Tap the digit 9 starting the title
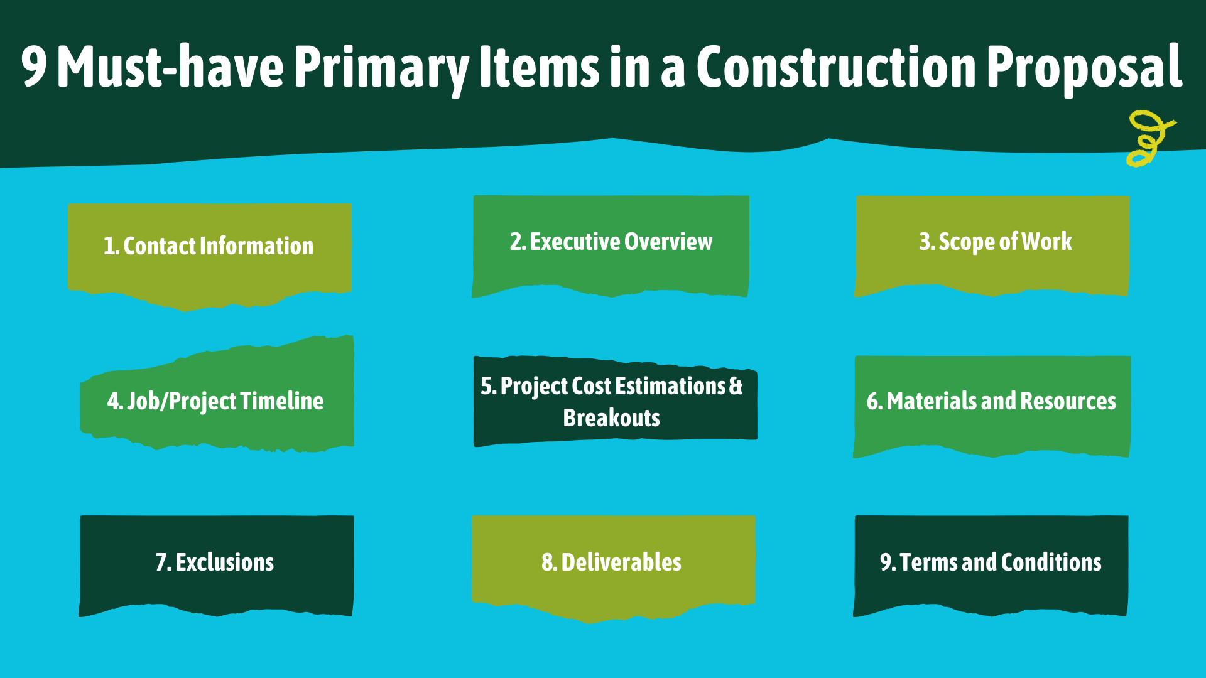click(x=34, y=67)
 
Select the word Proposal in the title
click(x=1085, y=70)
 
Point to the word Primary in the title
click(x=382, y=70)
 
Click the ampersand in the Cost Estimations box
click(x=736, y=385)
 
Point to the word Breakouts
click(x=611, y=418)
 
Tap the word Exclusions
click(x=224, y=562)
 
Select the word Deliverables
click(x=621, y=562)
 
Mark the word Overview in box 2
click(x=668, y=242)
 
